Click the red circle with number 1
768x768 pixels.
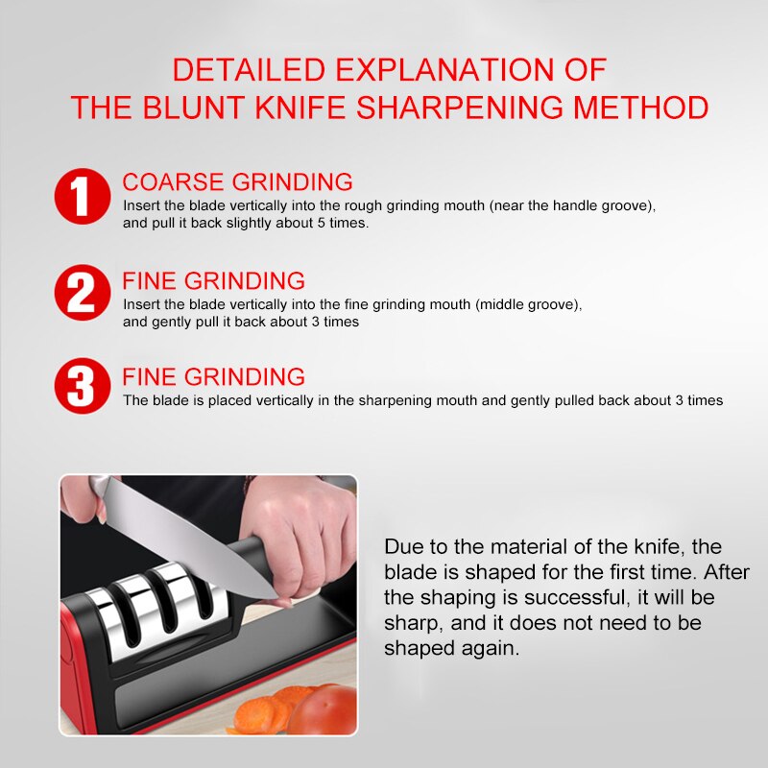click(x=83, y=197)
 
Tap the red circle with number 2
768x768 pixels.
click(x=83, y=293)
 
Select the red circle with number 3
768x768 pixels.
click(x=83, y=386)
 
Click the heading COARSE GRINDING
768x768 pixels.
click(x=237, y=181)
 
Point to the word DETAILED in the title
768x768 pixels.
click(x=249, y=69)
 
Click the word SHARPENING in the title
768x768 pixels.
click(x=460, y=108)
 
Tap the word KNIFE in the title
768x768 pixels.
click(x=300, y=108)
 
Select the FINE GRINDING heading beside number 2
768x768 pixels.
click(x=213, y=280)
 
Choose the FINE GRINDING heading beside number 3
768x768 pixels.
click(x=213, y=376)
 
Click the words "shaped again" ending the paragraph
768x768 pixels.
click(x=451, y=649)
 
